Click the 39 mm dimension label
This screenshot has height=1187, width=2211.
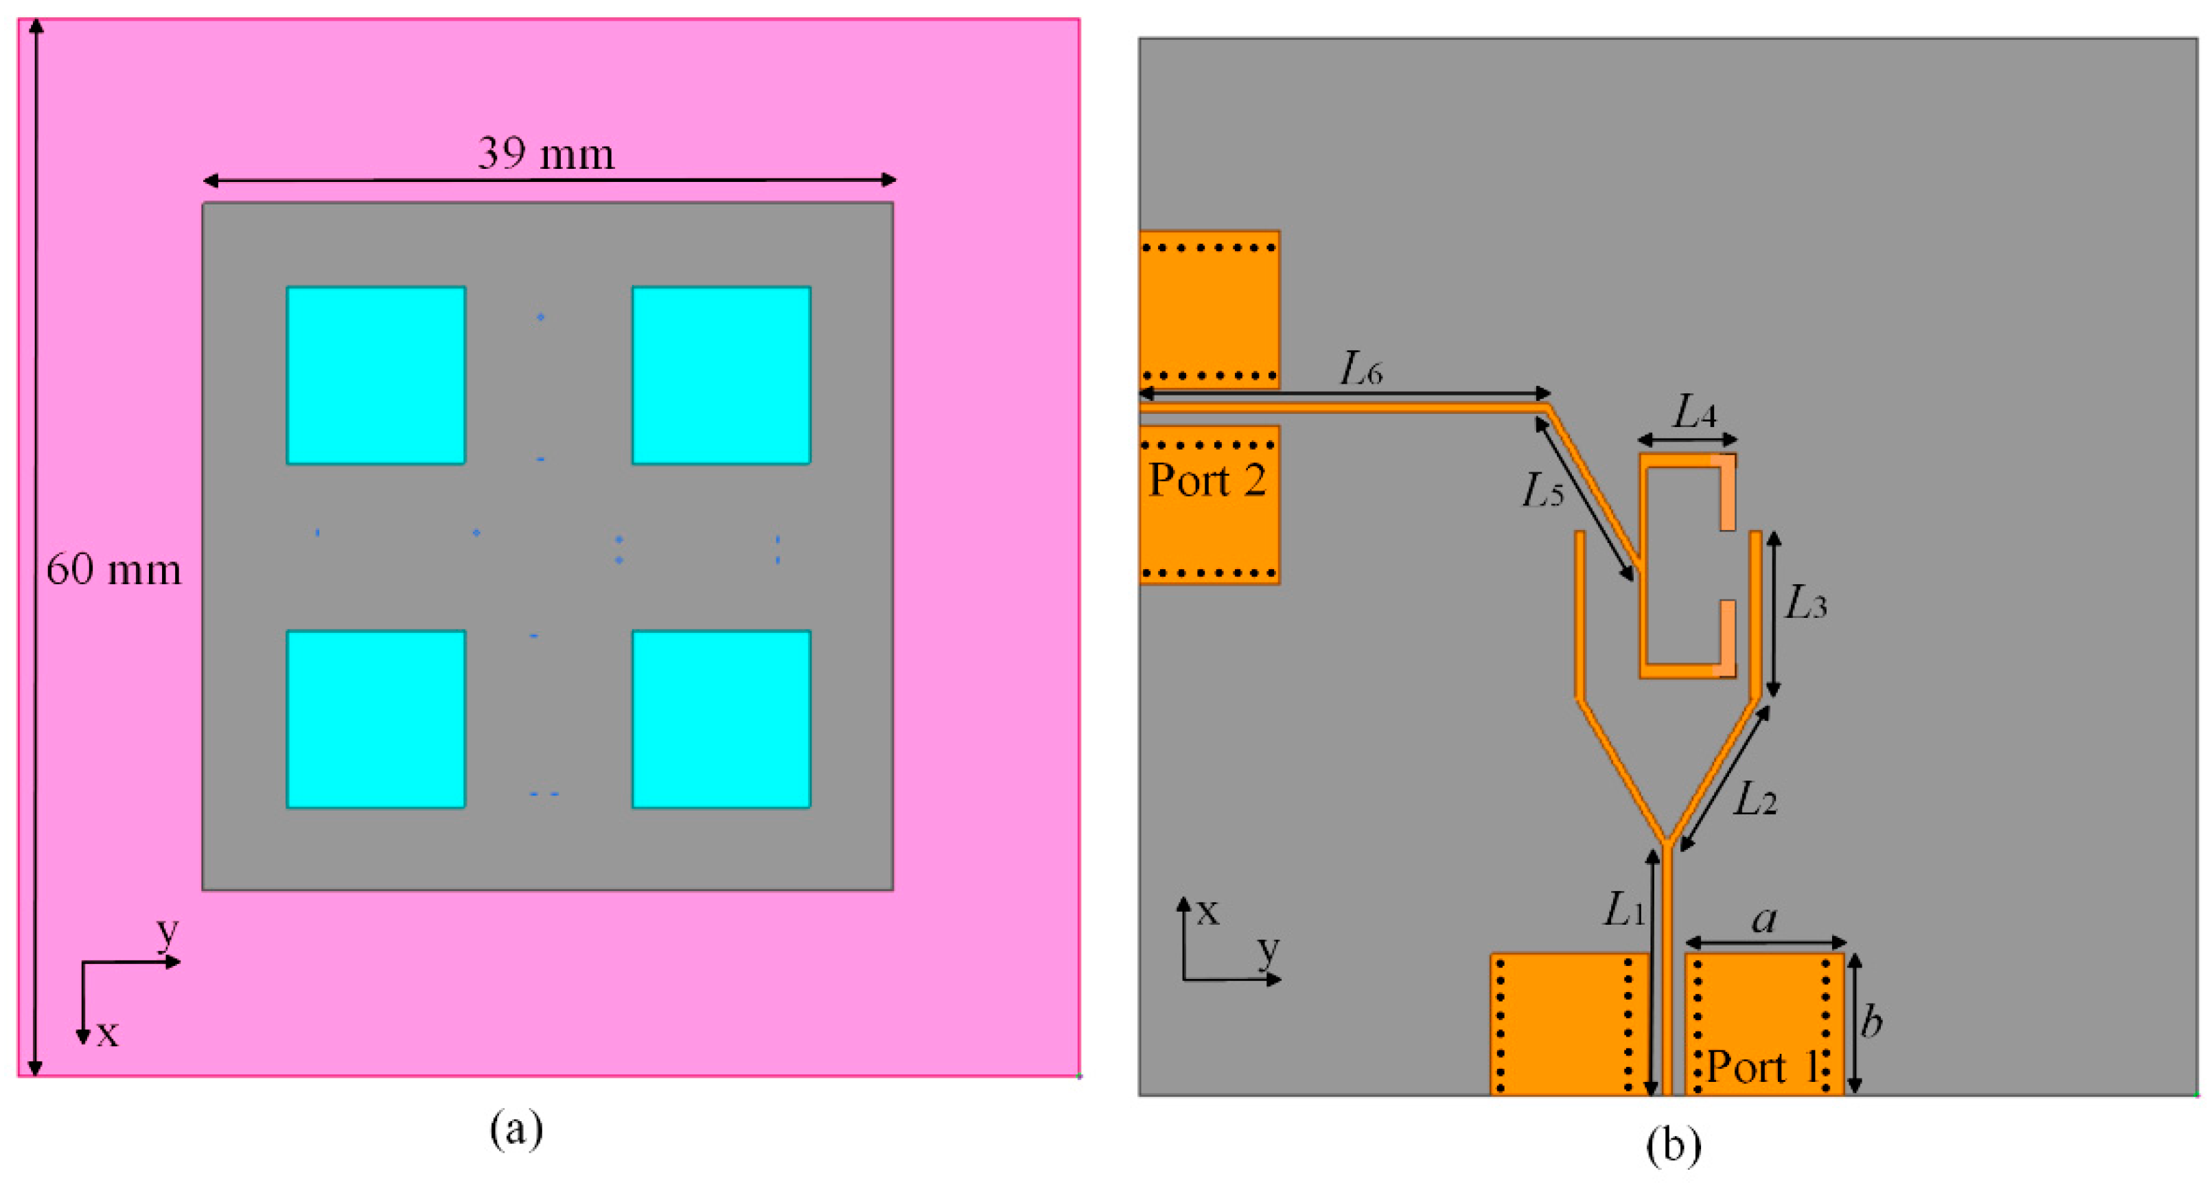pyautogui.click(x=546, y=154)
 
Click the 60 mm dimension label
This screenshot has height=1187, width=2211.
pyautogui.click(x=113, y=570)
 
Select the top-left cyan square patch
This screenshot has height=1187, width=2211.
pyautogui.click(x=376, y=375)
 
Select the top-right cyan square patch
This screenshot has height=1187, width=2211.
pyautogui.click(x=721, y=375)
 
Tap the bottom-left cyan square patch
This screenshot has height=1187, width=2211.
pyautogui.click(x=376, y=719)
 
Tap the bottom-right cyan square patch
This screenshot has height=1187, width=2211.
pyautogui.click(x=721, y=719)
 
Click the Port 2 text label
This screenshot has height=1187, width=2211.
pyautogui.click(x=1207, y=481)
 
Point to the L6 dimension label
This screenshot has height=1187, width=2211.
pyautogui.click(x=1361, y=370)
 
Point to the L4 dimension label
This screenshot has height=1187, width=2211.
pyautogui.click(x=1694, y=413)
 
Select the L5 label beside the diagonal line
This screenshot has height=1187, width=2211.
pyautogui.click(x=1542, y=492)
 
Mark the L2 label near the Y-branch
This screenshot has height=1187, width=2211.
pyautogui.click(x=1755, y=800)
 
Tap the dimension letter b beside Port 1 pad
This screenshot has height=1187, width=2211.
pyautogui.click(x=1871, y=1022)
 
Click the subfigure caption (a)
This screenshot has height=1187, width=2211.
pyautogui.click(x=516, y=1129)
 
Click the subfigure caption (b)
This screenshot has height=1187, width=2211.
pyautogui.click(x=1673, y=1146)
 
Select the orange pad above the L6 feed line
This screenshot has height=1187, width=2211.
pyautogui.click(x=1209, y=309)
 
